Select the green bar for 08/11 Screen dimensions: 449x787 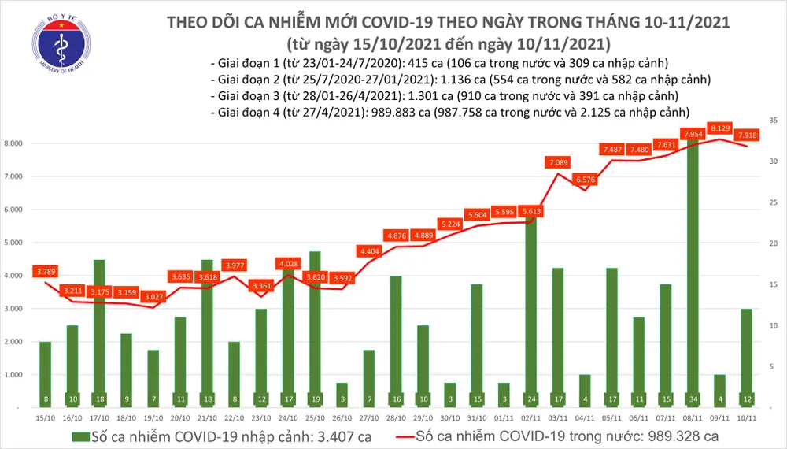(693, 276)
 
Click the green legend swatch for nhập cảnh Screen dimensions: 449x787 (80, 436)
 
